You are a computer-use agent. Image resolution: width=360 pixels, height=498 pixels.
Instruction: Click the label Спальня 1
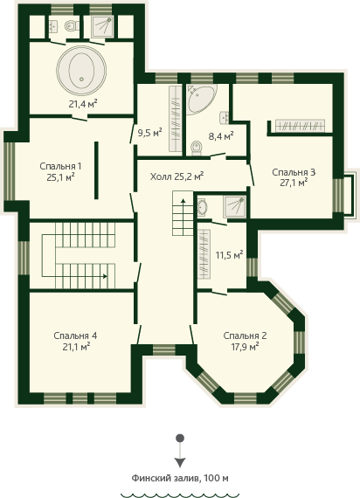[x=60, y=166]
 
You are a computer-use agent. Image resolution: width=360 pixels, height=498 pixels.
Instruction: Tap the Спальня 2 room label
[x=245, y=335]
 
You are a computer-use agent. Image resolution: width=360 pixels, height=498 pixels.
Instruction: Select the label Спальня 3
[x=294, y=172]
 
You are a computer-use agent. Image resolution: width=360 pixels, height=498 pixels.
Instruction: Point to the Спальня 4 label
[x=75, y=335]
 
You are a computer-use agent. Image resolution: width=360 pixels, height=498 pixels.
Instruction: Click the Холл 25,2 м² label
[x=177, y=176]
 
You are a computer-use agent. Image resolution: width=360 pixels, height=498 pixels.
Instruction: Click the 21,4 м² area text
[x=83, y=104]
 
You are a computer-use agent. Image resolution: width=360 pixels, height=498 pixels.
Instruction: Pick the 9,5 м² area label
[x=149, y=133]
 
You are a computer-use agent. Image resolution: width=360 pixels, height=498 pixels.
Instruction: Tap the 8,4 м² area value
[x=221, y=136]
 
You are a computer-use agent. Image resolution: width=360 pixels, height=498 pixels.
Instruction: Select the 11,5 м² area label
[x=230, y=255]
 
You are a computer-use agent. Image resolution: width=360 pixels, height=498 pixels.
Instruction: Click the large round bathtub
[x=81, y=70]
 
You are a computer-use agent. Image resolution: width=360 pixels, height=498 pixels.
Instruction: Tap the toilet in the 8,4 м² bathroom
[x=197, y=148]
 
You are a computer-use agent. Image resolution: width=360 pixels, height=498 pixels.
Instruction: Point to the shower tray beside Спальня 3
[x=234, y=207]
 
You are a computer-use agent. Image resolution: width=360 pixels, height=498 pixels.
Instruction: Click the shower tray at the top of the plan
[x=102, y=26]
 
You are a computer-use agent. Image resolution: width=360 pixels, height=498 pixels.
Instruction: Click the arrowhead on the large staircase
[x=105, y=276]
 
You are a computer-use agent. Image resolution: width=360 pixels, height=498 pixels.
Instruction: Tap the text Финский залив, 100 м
[x=180, y=478]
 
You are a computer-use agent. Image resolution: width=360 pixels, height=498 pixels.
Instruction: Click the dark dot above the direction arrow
[x=180, y=439]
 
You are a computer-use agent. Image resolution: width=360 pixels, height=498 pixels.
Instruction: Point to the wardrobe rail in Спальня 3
[x=300, y=125]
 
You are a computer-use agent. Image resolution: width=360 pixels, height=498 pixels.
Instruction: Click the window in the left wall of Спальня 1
[x=10, y=171]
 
